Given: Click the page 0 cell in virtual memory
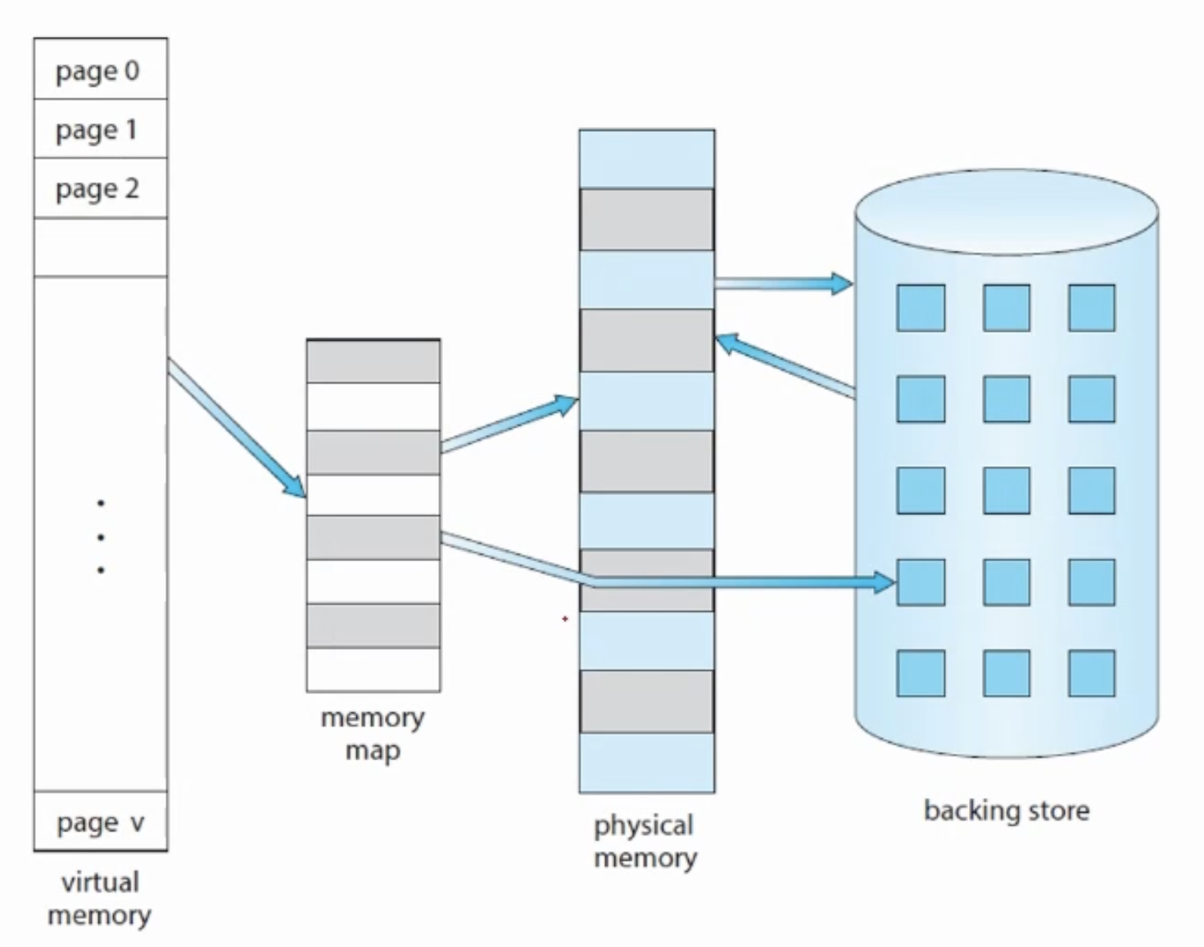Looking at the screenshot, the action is coord(101,69).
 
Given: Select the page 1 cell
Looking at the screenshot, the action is coord(101,129).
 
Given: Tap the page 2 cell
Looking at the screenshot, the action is coord(101,188).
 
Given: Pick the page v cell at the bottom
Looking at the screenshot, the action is coord(101,821).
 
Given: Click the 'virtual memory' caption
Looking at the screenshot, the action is coord(100,899).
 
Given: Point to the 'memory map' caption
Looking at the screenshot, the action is coord(373,734).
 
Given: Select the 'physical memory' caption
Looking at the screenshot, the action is coord(645,841).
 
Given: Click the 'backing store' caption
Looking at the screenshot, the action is coord(1007,810).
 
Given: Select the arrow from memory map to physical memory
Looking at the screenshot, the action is coord(509,424).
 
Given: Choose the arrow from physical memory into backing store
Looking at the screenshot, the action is coord(784,283).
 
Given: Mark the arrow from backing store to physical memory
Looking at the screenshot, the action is coord(785,365).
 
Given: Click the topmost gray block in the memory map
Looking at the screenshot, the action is coord(373,361).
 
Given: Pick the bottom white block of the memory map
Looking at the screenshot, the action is coord(373,669).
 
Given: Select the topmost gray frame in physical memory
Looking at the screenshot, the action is coord(647,220).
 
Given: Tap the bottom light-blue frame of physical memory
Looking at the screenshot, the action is coord(647,763).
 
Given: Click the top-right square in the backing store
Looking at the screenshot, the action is coord(1091,308).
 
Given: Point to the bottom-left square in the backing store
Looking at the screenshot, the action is coord(921,673).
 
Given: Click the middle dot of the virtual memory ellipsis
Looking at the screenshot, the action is coord(101,537).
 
